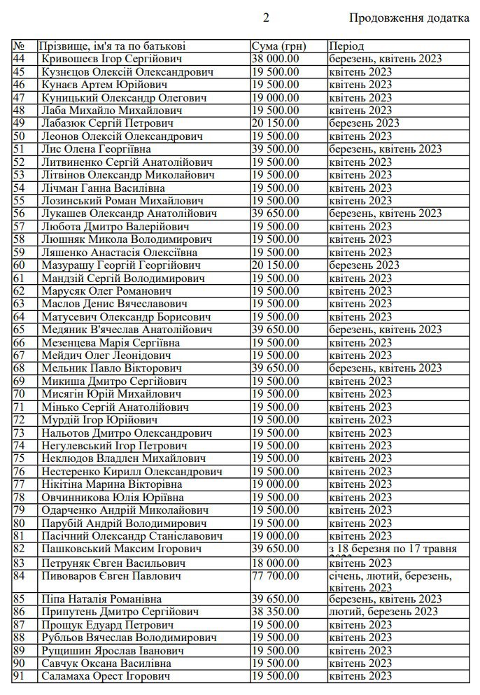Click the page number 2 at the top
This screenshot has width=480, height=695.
tap(265, 18)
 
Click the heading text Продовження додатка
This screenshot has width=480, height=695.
tap(409, 18)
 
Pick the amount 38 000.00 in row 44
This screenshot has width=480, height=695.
tap(275, 59)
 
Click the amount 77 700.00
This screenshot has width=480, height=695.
tap(275, 576)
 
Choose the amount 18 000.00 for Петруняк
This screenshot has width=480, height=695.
tap(275, 563)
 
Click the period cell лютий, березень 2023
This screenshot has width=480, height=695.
tap(384, 612)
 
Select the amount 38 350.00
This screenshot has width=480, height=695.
tap(275, 612)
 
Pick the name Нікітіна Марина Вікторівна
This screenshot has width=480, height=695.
tap(112, 484)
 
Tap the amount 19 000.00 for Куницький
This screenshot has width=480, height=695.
tap(275, 97)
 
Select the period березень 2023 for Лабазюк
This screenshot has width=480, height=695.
tap(364, 123)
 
